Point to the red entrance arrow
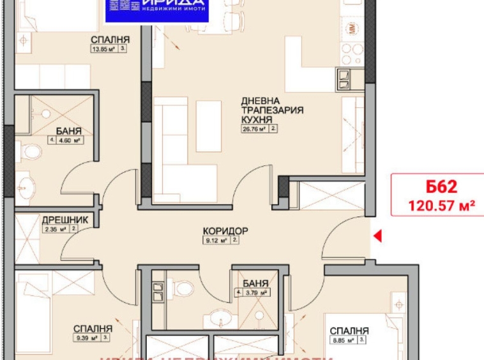tap(377, 237)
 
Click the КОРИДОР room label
tap(225, 230)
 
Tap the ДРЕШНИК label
tap(61, 220)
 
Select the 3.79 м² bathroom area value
tap(255, 294)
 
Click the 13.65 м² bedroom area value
tap(102, 47)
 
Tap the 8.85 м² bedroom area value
tap(345, 341)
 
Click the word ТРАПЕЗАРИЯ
tap(271, 110)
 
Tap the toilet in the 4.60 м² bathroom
tap(31, 151)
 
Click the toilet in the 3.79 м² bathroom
tap(184, 289)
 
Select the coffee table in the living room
tap(208, 126)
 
